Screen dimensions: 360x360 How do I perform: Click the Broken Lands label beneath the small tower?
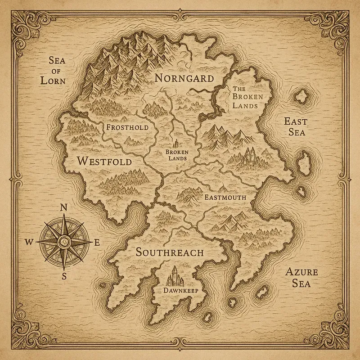coord(176,155)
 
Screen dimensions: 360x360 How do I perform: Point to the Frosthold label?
coord(127,128)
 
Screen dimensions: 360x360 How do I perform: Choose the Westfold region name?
coord(104,161)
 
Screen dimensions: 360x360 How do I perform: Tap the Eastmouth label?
coord(225,198)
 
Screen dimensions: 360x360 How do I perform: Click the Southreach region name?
coord(170,252)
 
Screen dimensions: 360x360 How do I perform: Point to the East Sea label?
coord(295,126)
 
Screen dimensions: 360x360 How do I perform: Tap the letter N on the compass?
coord(64,207)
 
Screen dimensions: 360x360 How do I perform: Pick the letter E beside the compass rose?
coord(97,242)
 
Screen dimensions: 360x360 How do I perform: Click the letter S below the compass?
coord(64,276)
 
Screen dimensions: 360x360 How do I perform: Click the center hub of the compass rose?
coord(64,241)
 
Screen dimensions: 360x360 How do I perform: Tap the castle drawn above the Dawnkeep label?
coord(175,276)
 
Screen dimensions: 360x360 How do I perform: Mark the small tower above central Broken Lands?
coord(176,144)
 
